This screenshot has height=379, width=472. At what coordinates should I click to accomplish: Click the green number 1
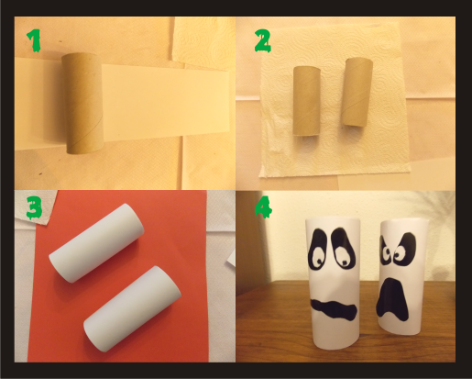point(34,40)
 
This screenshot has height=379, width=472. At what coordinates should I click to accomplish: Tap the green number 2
point(263,41)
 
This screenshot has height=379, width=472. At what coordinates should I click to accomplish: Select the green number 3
point(34,207)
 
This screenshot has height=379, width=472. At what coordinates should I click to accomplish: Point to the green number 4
point(263,207)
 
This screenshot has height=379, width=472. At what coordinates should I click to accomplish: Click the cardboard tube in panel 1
point(82,103)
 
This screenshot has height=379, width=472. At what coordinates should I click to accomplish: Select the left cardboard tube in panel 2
point(307,101)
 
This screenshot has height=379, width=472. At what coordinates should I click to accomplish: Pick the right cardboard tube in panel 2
point(357,92)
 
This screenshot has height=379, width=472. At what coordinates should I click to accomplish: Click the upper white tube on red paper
point(96,243)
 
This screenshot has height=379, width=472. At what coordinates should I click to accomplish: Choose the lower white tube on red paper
point(132,309)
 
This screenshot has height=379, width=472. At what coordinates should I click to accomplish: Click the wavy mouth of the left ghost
point(334,310)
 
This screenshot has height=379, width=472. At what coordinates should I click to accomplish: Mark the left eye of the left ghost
point(318,250)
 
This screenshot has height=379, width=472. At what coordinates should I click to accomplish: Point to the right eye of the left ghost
point(343,248)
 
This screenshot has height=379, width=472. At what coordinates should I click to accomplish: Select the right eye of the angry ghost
point(404,248)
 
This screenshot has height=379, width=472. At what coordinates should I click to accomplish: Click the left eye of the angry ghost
point(385,251)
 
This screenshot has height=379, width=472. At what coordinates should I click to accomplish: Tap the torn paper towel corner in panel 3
point(34,208)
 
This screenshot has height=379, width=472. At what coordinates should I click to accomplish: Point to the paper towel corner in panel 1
point(203,39)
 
